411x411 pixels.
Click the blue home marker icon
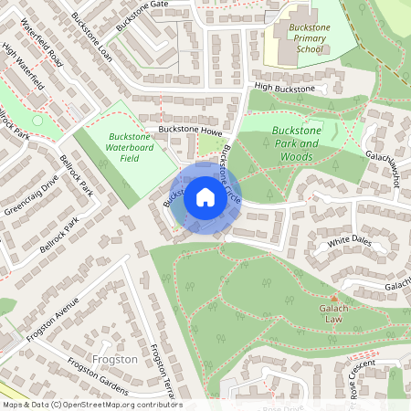(x=205, y=197)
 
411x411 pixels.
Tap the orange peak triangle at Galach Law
(x=334, y=298)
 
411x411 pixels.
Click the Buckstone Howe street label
(x=189, y=130)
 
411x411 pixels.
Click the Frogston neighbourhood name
(x=114, y=359)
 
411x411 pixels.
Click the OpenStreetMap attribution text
(x=91, y=405)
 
